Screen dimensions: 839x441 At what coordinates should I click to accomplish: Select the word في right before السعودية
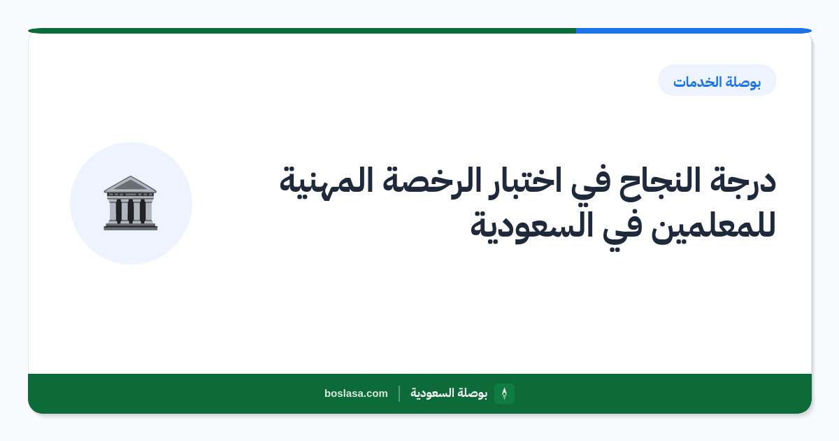pyautogui.click(x=622, y=229)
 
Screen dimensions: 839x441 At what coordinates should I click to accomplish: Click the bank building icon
pyautogui.click(x=131, y=203)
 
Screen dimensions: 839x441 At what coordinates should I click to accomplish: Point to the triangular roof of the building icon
pyautogui.click(x=130, y=183)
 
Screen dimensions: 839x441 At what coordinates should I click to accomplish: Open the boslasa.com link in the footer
pyautogui.click(x=356, y=393)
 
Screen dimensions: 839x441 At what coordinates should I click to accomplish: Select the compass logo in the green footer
pyautogui.click(x=504, y=393)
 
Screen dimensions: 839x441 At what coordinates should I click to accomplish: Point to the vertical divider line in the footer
pyautogui.click(x=399, y=393)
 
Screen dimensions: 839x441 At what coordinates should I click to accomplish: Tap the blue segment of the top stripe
pyautogui.click(x=694, y=31)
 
